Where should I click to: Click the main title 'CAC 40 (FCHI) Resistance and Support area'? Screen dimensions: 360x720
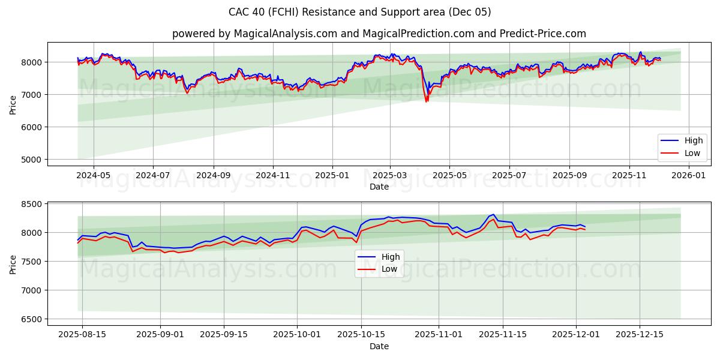click(359, 12)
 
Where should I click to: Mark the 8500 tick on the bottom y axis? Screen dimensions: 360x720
click(31, 205)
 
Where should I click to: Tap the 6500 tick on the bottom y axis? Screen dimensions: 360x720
click(31, 319)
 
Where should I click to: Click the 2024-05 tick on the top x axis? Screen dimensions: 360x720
click(94, 175)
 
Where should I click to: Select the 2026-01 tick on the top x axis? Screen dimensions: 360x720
click(689, 175)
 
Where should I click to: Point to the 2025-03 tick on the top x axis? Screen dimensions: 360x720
click(390, 175)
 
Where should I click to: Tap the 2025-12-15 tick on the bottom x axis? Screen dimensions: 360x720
click(639, 335)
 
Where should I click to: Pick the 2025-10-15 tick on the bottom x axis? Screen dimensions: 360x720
click(361, 335)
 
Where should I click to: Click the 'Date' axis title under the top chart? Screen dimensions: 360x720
click(379, 187)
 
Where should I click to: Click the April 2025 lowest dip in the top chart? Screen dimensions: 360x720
click(427, 101)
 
